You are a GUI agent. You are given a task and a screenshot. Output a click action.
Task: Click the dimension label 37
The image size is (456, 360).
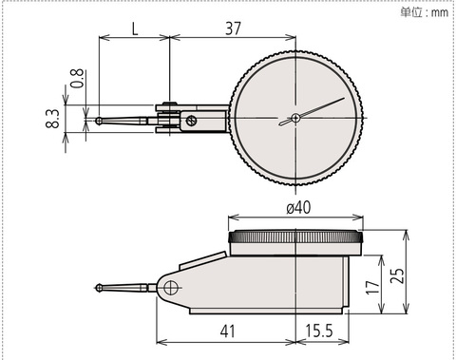pos(233,28)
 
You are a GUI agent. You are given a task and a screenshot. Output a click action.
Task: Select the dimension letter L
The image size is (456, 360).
pos(135,29)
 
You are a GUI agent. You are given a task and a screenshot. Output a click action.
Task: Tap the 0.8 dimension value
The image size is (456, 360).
pos(77,78)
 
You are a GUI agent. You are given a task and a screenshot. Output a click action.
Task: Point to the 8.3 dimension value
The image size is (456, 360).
pos(52,119)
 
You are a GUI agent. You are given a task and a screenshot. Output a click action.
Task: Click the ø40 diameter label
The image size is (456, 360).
pos(298,208)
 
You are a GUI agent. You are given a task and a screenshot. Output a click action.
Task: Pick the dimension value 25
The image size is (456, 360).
pos(397,275)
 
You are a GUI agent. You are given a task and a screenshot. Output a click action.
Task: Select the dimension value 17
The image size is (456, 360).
pos(372,287)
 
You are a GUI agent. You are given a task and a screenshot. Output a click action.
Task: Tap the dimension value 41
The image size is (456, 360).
pos(228,332)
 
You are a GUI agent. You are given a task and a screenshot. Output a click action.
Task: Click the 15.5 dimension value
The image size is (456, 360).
pos(319,331)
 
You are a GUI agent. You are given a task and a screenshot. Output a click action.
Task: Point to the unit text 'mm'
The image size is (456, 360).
pos(440,12)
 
